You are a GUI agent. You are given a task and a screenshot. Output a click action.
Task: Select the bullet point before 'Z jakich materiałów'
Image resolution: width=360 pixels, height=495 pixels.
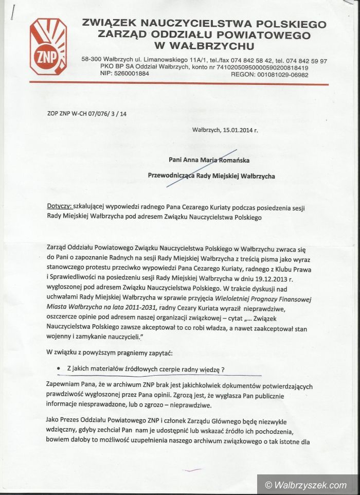click(61, 369)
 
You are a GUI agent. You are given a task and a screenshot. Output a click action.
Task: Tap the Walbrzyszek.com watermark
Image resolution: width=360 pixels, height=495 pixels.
click(307, 485)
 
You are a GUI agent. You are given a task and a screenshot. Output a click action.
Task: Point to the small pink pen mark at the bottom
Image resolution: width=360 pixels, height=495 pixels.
click(194, 469)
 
